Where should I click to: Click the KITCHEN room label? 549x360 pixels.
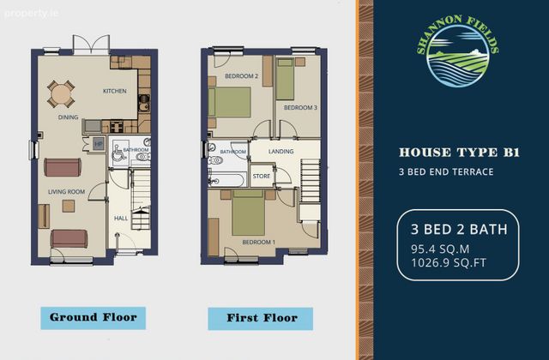point(114,91)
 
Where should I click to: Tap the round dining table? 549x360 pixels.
point(61,93)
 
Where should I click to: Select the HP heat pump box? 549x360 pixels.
point(99,144)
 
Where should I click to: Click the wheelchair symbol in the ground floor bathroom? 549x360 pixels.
point(118,153)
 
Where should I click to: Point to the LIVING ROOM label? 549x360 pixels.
point(67,192)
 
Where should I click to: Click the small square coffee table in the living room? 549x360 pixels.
point(69,206)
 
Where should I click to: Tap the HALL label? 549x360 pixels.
point(121,219)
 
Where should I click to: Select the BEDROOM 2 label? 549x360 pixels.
point(242,76)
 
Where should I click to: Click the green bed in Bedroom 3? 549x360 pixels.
point(284,79)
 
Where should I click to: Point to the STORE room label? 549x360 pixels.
point(262,176)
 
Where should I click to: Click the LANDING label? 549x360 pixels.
point(281,152)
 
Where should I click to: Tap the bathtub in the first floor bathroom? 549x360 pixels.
point(226,179)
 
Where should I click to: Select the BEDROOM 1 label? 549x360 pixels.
point(259,242)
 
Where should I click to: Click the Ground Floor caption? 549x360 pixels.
point(94,318)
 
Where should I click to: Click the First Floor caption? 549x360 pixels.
point(262,318)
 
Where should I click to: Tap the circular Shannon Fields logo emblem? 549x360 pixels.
point(458,56)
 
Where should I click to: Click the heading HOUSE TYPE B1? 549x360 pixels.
point(459,153)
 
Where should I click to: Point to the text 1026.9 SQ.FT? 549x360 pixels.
point(449,262)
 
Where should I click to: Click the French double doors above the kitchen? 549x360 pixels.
point(92,45)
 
